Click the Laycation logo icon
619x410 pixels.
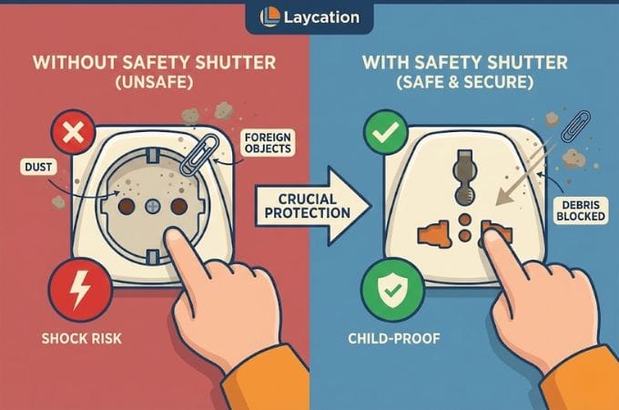pos(269,17)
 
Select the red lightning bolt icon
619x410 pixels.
pos(75,287)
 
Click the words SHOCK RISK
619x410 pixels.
pos(75,340)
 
